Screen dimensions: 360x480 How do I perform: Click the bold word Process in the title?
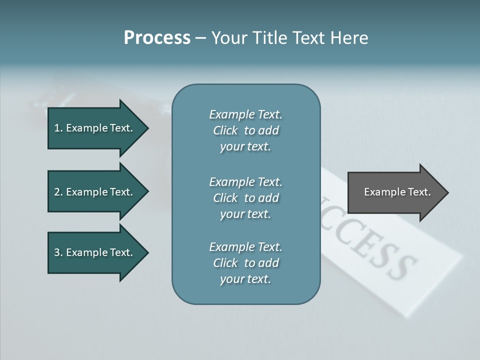click(x=157, y=38)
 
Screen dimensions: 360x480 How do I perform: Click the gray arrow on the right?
click(x=395, y=192)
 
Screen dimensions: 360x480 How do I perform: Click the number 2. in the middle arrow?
click(x=58, y=192)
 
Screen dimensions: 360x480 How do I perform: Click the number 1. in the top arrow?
click(x=58, y=128)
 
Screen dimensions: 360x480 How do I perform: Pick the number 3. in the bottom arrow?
click(x=58, y=252)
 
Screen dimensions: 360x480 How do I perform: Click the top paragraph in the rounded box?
click(x=245, y=130)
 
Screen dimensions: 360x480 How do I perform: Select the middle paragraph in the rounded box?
click(x=245, y=198)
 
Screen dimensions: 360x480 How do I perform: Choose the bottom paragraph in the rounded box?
click(x=245, y=263)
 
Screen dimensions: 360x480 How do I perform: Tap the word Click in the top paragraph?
click(x=225, y=130)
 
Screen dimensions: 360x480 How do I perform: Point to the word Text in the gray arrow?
click(x=419, y=192)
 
